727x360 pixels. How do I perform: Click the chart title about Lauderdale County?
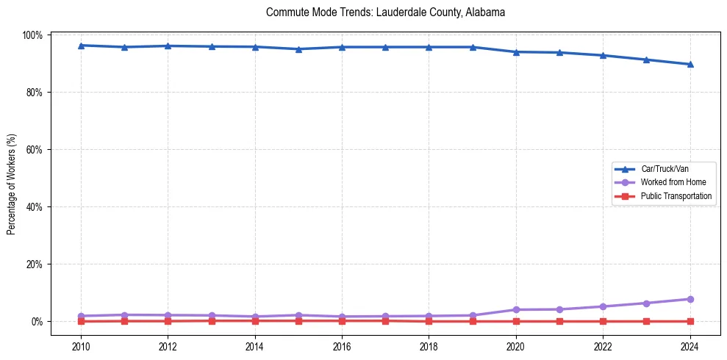pos(385,12)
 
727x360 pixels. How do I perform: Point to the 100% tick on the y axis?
pos(35,35)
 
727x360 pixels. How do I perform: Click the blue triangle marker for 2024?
pos(690,64)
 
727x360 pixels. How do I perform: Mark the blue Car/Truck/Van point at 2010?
pos(81,46)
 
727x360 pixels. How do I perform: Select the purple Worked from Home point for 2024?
pos(690,299)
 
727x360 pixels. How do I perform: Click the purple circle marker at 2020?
pos(516,309)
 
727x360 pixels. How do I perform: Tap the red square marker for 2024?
pos(690,321)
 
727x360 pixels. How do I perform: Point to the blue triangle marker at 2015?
pos(298,49)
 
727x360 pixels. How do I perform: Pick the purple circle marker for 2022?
pos(603,306)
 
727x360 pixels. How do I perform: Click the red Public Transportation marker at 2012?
pos(168,321)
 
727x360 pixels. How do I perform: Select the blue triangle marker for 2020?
pos(516,52)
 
